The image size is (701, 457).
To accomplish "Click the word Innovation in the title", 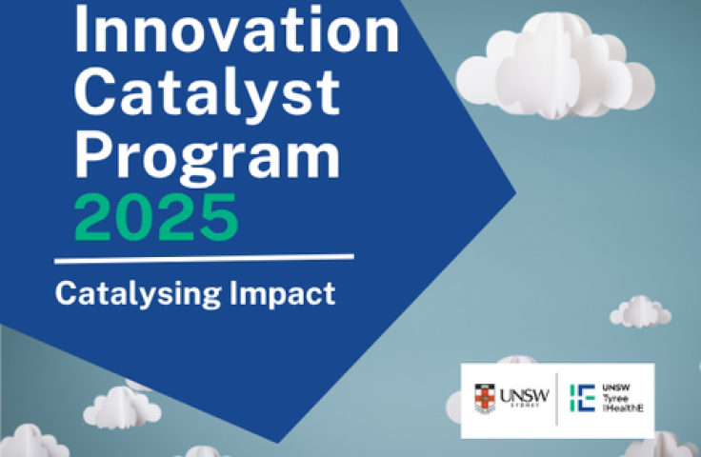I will point(236,31).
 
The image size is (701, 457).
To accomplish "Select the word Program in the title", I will point(207,154).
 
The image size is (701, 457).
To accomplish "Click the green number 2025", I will point(156,216).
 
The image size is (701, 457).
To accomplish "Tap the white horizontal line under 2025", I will point(204,258).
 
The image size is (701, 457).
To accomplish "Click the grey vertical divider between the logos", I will point(556,399).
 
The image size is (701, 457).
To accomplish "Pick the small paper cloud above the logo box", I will point(639,311).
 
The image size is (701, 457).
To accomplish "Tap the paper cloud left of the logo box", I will point(122,407).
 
